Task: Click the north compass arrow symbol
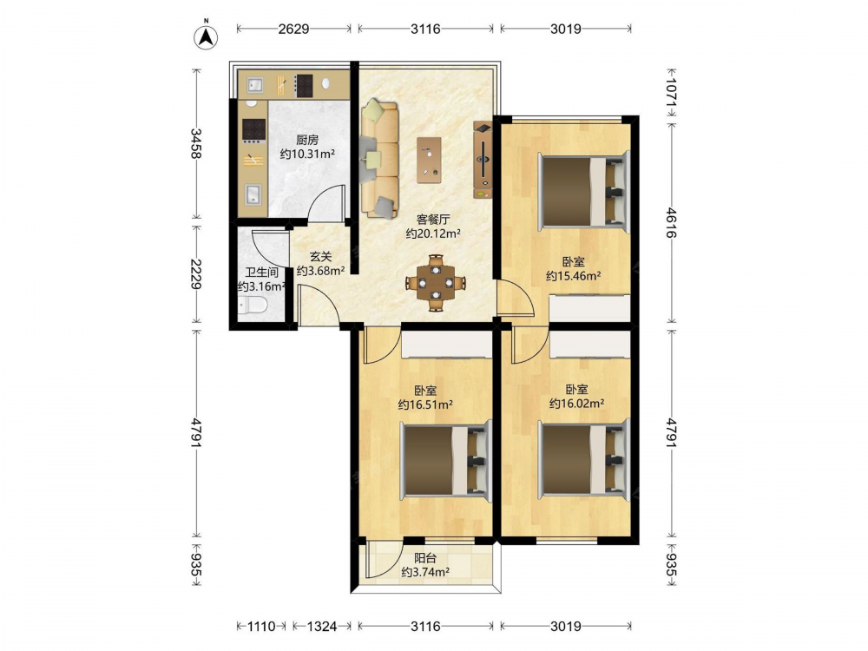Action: pyautogui.click(x=206, y=36)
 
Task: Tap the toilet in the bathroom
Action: pyautogui.click(x=252, y=306)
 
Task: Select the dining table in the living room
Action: pyautogui.click(x=437, y=282)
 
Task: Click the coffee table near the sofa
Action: pyautogui.click(x=429, y=160)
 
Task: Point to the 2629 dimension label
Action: pyautogui.click(x=293, y=29)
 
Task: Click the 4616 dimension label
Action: pyautogui.click(x=672, y=222)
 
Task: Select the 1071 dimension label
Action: pyautogui.click(x=672, y=92)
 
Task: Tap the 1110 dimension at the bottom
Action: pyautogui.click(x=261, y=626)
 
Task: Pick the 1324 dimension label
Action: pyautogui.click(x=322, y=626)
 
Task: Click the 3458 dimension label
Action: pyautogui.click(x=196, y=143)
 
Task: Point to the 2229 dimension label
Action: pyautogui.click(x=196, y=274)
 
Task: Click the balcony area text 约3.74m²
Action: pyautogui.click(x=425, y=572)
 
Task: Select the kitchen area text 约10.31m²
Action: pyautogui.click(x=307, y=154)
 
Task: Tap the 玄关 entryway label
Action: pyautogui.click(x=320, y=257)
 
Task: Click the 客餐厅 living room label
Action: pyautogui.click(x=433, y=220)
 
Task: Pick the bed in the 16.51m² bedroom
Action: pyautogui.click(x=446, y=460)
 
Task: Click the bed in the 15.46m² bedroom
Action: pyautogui.click(x=584, y=191)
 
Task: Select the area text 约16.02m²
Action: pyautogui.click(x=577, y=404)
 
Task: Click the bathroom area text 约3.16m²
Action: pyautogui.click(x=262, y=286)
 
